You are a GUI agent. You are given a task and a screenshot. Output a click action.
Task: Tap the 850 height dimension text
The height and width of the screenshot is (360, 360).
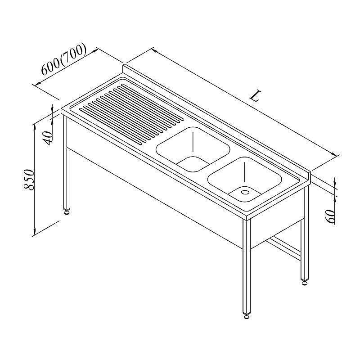pyautogui.click(x=29, y=180)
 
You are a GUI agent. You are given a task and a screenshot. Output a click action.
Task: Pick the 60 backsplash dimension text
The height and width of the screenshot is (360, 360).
pyautogui.click(x=331, y=216)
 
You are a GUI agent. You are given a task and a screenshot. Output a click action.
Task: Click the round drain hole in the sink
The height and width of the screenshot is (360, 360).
pyautogui.click(x=245, y=192)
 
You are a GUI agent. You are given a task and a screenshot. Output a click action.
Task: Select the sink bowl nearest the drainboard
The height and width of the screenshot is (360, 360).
pyautogui.click(x=193, y=149)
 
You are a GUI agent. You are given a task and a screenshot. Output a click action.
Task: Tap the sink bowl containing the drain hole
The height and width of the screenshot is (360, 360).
pyautogui.click(x=244, y=180)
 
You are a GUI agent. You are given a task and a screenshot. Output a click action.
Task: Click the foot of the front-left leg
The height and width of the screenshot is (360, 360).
pyautogui.click(x=67, y=212)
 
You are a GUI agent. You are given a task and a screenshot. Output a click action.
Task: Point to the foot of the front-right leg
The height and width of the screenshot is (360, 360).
pyautogui.click(x=247, y=316)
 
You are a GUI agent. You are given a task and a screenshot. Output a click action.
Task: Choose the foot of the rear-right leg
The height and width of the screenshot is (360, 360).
pyautogui.click(x=305, y=283)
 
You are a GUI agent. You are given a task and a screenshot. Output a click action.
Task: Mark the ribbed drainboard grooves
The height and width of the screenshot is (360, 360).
pyautogui.click(x=131, y=114)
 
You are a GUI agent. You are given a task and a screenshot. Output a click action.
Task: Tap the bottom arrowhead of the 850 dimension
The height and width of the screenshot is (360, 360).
pyautogui.click(x=35, y=232)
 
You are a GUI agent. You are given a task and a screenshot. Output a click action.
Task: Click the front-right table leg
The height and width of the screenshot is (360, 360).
pyautogui.click(x=247, y=266)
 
